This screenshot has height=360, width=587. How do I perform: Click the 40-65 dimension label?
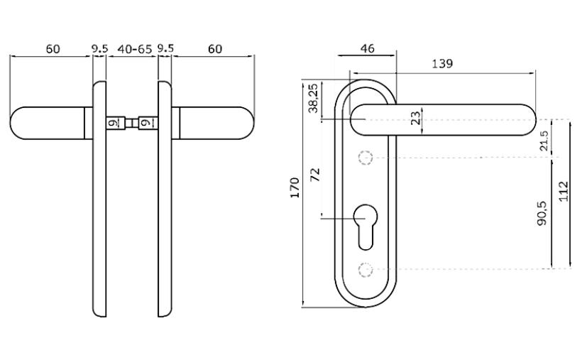point(135,49)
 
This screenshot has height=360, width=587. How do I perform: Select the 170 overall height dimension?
point(295,187)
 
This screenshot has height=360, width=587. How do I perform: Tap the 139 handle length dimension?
point(442,64)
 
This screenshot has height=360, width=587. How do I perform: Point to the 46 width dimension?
point(367,48)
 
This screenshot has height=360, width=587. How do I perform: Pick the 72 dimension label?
point(316,175)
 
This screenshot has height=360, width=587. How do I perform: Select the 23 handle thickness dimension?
point(415,119)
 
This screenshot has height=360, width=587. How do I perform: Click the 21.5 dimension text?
point(544,141)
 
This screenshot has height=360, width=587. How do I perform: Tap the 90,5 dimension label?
point(542,213)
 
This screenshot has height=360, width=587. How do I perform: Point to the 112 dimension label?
point(563,192)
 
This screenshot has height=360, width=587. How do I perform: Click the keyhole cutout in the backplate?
point(366,227)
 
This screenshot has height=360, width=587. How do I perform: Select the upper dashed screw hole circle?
point(366,158)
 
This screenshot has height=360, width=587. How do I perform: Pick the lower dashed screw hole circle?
point(366,269)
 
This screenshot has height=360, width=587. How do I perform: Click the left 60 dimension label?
point(53,49)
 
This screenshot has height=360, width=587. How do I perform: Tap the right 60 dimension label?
point(215,49)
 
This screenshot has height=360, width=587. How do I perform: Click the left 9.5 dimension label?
point(99,49)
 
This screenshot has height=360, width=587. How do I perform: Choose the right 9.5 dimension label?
point(165,49)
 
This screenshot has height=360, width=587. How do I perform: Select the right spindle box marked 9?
point(148,123)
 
